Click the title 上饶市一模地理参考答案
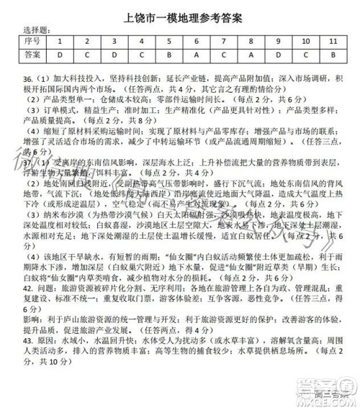[x=181, y=12]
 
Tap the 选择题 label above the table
[x=37, y=30]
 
